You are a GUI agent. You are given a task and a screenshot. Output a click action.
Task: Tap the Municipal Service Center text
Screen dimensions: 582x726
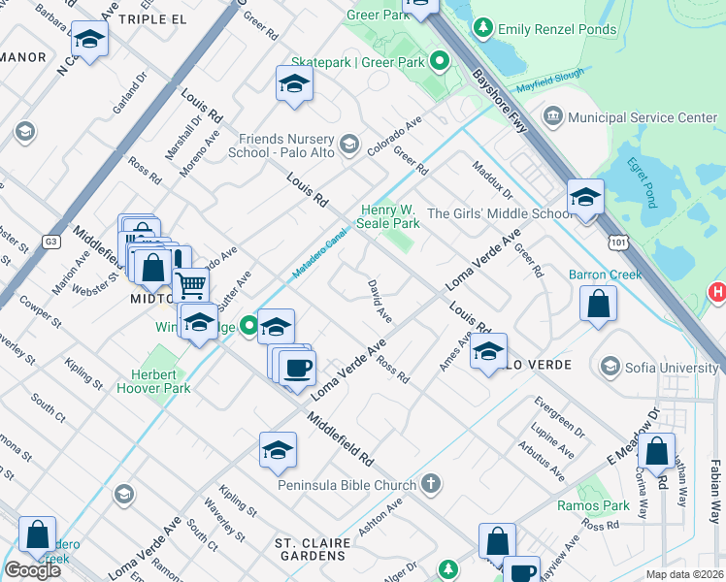(643, 117)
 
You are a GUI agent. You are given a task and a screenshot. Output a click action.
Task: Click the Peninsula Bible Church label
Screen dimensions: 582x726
(346, 483)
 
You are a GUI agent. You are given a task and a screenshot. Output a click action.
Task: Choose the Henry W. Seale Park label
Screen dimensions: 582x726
(390, 216)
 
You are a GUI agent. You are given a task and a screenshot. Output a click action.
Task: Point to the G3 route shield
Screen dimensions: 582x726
(50, 241)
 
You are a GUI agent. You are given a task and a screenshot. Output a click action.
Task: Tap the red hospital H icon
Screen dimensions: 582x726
(717, 291)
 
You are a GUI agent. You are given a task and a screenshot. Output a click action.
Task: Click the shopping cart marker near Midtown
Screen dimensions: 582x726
(192, 284)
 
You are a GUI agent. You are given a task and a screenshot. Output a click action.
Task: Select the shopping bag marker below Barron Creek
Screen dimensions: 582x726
(599, 303)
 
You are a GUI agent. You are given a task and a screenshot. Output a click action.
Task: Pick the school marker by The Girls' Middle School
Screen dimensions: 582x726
(585, 198)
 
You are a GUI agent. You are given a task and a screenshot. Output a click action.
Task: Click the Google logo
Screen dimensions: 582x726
(32, 570)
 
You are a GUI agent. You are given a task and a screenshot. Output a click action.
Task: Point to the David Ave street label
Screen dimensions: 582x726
(379, 302)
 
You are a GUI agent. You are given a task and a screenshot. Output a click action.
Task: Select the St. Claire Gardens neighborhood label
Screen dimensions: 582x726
(310, 549)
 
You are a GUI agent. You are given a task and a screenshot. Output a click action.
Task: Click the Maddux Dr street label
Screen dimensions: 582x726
(492, 183)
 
